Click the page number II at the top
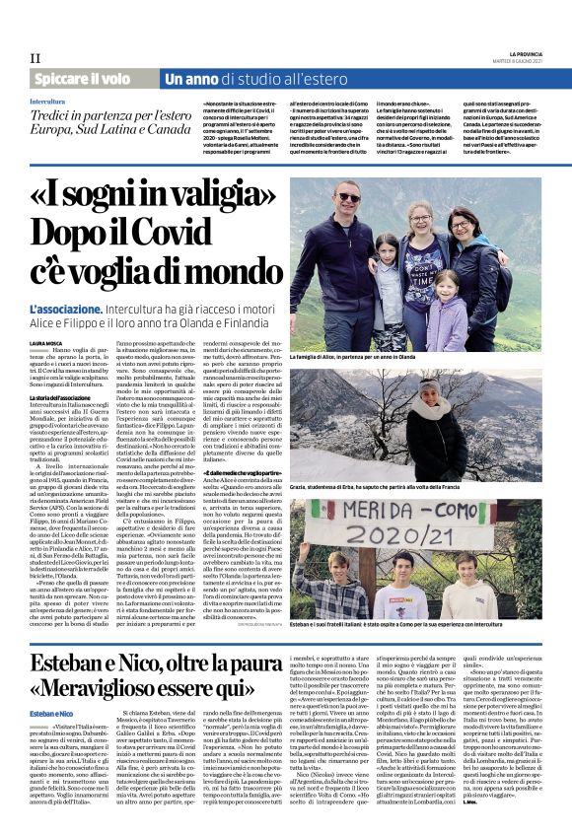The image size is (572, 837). pos(36,58)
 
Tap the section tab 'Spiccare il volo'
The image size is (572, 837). pos(81,78)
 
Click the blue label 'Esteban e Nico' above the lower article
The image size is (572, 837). pos(50,711)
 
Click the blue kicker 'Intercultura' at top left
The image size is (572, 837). pos(49,101)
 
